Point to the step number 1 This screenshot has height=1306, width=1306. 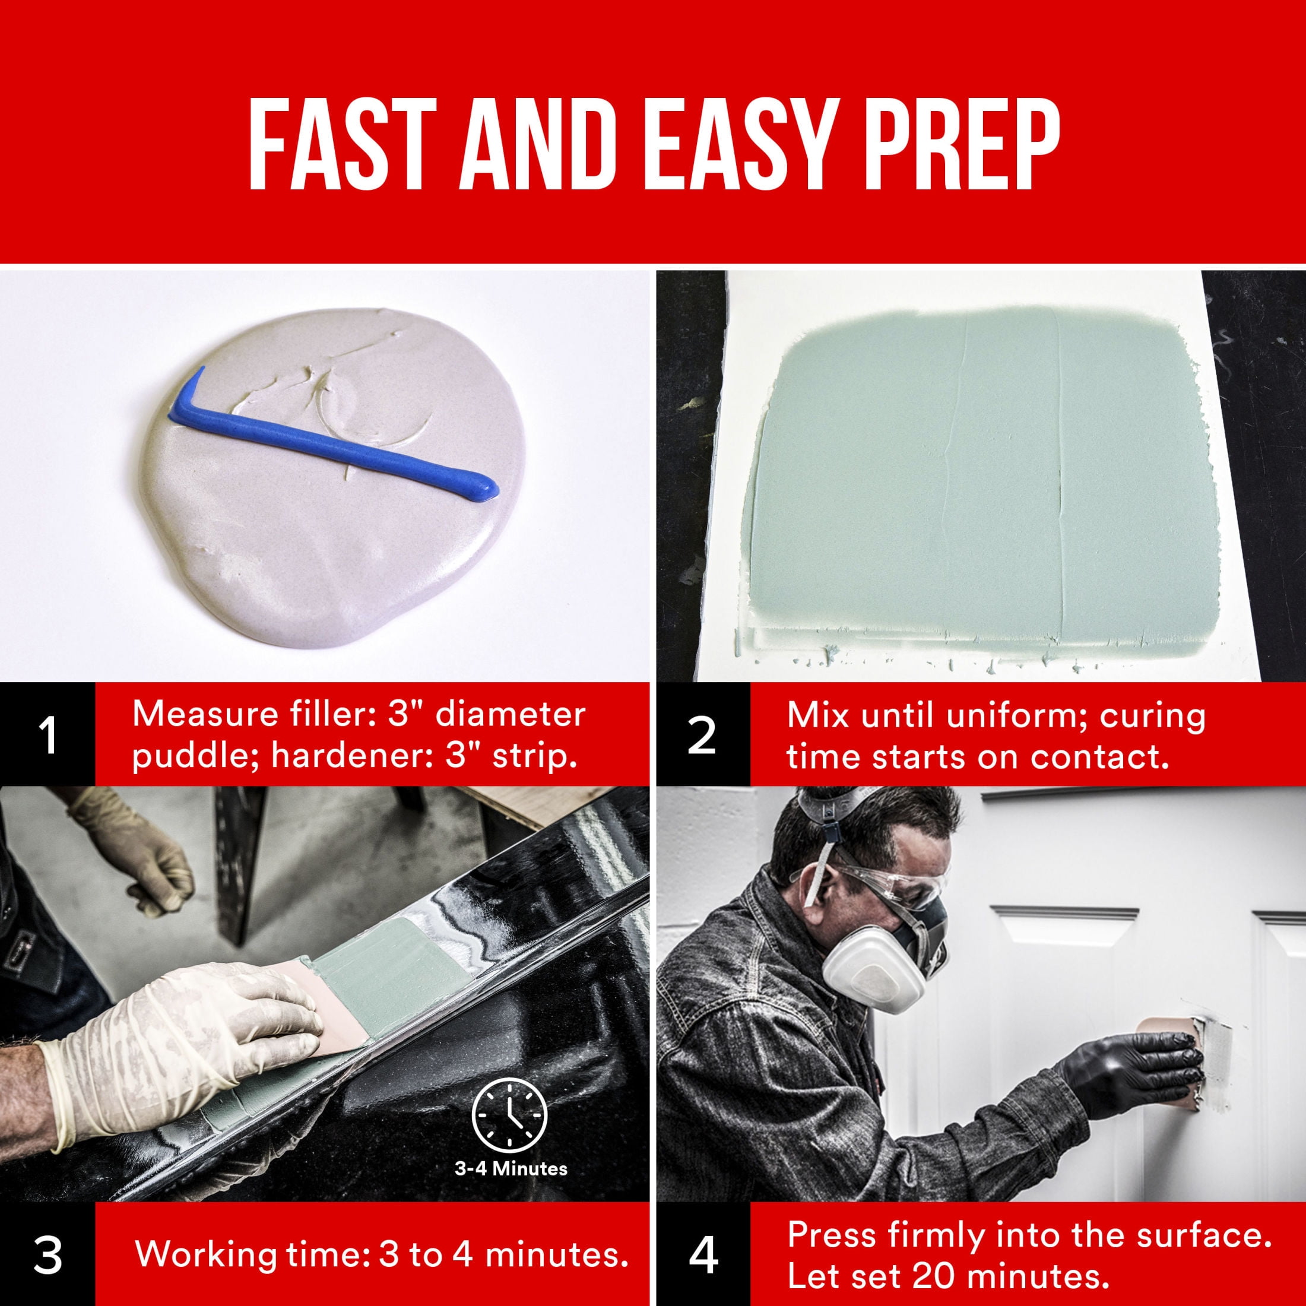(x=47, y=736)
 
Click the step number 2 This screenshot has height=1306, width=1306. (x=702, y=736)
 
